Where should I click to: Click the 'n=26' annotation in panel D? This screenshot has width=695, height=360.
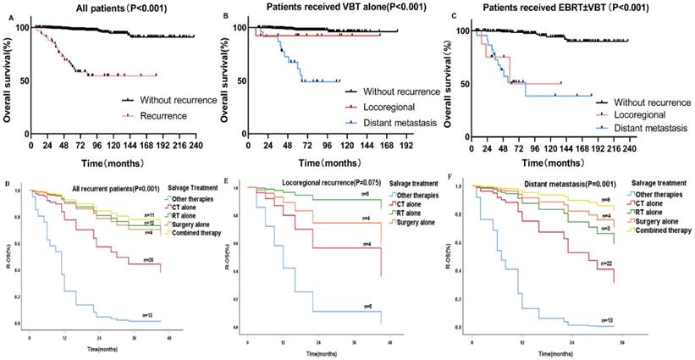(148, 258)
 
